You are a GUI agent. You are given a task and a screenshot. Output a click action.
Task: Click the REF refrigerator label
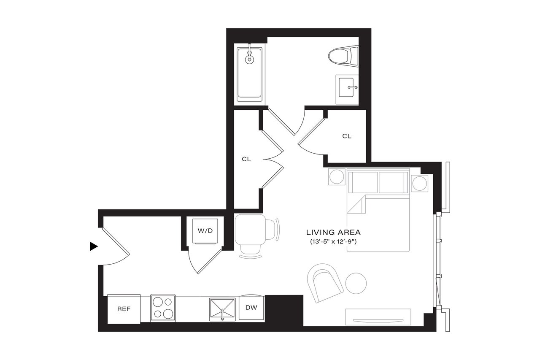[x=124, y=309]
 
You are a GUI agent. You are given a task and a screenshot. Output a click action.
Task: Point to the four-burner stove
[x=163, y=308]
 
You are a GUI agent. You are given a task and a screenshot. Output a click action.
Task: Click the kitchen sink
[x=222, y=309]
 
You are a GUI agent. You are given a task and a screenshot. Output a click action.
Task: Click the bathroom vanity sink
[x=347, y=89]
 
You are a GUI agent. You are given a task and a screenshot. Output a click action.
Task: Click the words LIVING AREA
[x=333, y=232]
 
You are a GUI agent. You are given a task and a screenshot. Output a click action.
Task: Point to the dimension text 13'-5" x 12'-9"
[x=333, y=242]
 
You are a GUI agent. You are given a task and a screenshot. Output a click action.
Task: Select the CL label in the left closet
[x=246, y=160]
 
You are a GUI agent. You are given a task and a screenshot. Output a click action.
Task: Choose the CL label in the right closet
[x=346, y=136]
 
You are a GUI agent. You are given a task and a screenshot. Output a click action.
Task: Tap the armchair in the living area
[x=327, y=282]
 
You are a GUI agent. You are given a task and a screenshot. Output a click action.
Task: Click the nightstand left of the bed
[x=337, y=176]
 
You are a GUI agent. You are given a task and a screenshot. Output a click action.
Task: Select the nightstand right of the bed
[x=420, y=183]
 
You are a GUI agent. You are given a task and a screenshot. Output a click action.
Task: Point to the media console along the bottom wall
[x=378, y=317]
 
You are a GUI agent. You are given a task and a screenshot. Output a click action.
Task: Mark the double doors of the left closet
[x=273, y=159]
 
